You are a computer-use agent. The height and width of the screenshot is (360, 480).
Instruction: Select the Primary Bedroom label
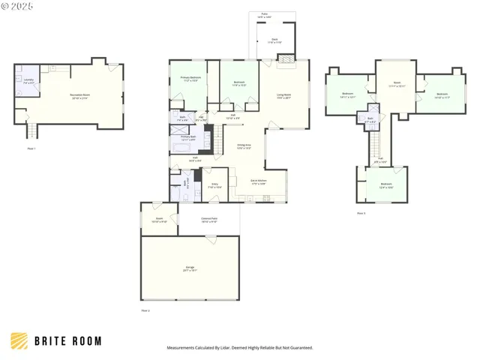[x=190, y=79]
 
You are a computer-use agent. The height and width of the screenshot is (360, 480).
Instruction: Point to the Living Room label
[x=283, y=95]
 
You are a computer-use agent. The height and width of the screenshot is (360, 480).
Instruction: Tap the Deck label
[x=275, y=41]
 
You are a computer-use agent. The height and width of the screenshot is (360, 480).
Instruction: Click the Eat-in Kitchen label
[x=257, y=182]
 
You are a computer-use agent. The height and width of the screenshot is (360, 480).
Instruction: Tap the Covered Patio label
[x=208, y=220]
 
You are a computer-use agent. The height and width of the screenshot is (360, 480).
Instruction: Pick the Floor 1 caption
[x=31, y=148]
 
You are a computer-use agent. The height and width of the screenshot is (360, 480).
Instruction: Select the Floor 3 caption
[x=361, y=213]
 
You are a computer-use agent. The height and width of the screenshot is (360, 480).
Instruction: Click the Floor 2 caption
[x=145, y=310]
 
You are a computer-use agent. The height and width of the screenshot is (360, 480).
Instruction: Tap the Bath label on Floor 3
[x=370, y=119]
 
